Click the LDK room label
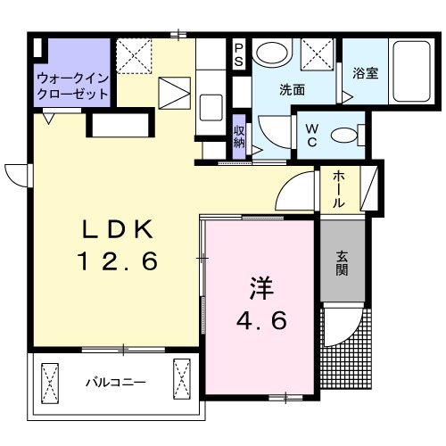coord(119,229)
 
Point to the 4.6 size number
coord(260,320)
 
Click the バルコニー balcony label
coord(116,382)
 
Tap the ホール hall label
coord(339,190)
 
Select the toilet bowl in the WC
coord(343,136)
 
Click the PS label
coord(239,54)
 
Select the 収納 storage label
coord(240,136)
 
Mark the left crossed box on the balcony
coord(49,379)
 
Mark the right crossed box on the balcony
coord(182,379)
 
